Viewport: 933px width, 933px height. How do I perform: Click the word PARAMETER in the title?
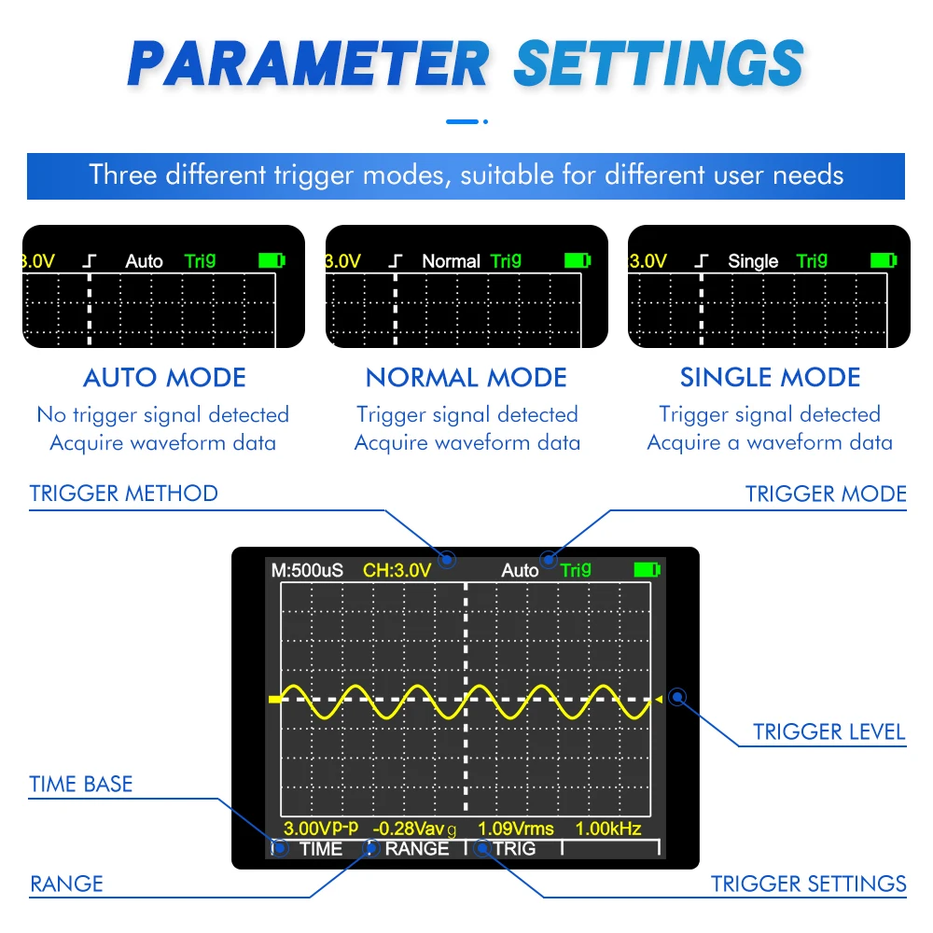coord(308,63)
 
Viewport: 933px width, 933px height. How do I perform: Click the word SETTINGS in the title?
coord(659,63)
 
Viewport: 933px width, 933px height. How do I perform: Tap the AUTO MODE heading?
coord(164,378)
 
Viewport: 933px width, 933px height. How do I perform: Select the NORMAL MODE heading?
coord(466,378)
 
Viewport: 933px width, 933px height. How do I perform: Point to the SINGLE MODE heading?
coord(770,378)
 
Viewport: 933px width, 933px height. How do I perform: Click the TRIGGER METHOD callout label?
coord(123,494)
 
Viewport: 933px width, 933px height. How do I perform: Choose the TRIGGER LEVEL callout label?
coord(829,731)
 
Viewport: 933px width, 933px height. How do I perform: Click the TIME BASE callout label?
coord(81,784)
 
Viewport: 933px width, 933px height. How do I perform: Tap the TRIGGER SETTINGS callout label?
coord(808,884)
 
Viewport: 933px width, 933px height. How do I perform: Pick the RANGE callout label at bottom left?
coord(66,884)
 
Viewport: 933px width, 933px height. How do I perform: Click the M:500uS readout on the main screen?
coord(307,570)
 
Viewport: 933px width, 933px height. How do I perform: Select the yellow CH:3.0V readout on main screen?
coord(397,570)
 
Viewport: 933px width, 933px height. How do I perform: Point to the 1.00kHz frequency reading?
coord(607,829)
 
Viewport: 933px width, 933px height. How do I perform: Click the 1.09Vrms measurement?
coord(515,829)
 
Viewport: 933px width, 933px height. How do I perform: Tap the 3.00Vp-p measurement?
coord(321,829)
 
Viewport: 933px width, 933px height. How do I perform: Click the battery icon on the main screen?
coord(647,569)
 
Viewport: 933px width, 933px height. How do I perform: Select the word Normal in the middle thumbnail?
coord(451,261)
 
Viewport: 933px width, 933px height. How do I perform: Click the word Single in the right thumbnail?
coord(753,261)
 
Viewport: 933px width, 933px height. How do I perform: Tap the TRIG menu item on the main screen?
coord(514,848)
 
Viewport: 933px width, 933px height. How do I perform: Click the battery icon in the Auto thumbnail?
coord(272,260)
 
